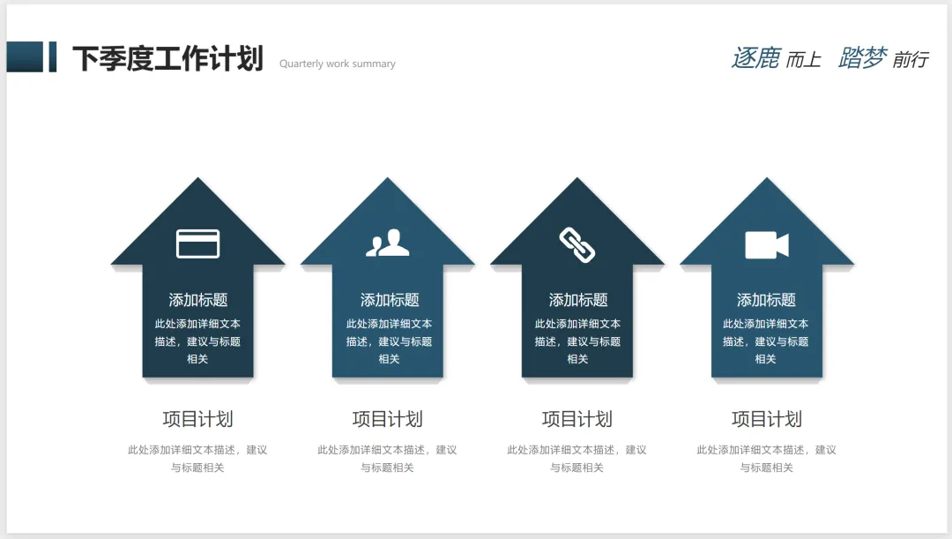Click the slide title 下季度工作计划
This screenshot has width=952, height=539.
click(167, 58)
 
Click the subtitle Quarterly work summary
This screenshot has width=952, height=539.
click(338, 64)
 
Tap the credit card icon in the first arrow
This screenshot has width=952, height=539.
click(197, 243)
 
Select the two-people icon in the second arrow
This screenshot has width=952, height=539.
click(388, 243)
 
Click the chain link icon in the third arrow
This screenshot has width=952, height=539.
click(577, 244)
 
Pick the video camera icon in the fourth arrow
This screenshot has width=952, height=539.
click(766, 244)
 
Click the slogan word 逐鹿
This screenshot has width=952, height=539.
click(755, 58)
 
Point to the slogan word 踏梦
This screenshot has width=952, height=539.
click(862, 58)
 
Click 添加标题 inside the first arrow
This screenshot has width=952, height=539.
click(197, 300)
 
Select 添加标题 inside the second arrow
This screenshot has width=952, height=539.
click(389, 300)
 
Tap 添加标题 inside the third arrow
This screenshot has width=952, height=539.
click(577, 300)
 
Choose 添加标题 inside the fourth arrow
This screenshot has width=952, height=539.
click(766, 300)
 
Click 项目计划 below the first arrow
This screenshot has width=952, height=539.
click(197, 419)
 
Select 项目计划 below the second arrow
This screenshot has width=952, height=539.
click(388, 419)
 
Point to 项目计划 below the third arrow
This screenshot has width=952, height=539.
click(577, 419)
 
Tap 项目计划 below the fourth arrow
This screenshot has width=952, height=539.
click(767, 419)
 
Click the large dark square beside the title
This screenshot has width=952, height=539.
click(25, 56)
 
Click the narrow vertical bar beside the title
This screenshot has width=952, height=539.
click(53, 56)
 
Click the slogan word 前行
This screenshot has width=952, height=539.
click(911, 60)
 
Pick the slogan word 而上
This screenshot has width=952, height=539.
click(803, 60)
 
